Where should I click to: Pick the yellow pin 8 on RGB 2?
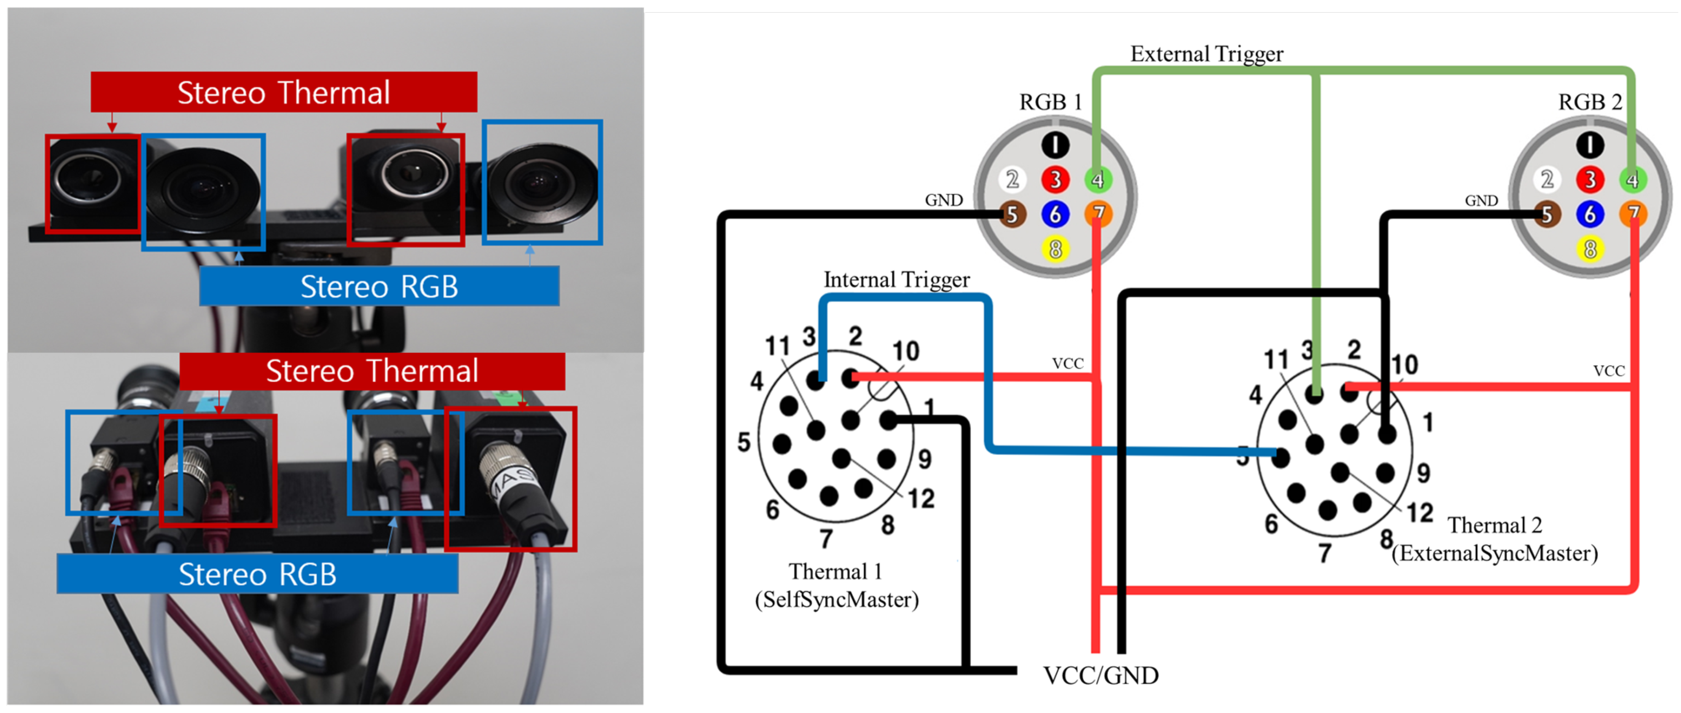[x=1590, y=248]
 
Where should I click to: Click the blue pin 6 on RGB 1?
[x=1055, y=214]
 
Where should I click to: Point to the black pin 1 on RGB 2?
[x=1590, y=145]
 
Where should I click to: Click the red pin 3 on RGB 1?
[x=1055, y=179]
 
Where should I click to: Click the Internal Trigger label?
[x=896, y=279]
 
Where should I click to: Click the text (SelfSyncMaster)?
[x=837, y=599]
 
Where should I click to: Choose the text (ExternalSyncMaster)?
[x=1494, y=553]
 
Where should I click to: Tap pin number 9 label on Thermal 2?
[x=1423, y=472]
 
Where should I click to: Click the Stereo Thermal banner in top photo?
[x=284, y=92]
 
